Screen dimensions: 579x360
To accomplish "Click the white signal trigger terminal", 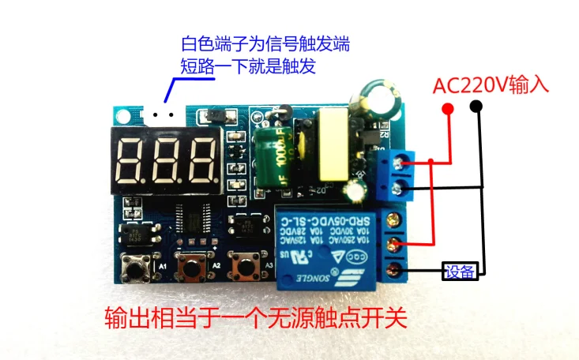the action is pos(163,115).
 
